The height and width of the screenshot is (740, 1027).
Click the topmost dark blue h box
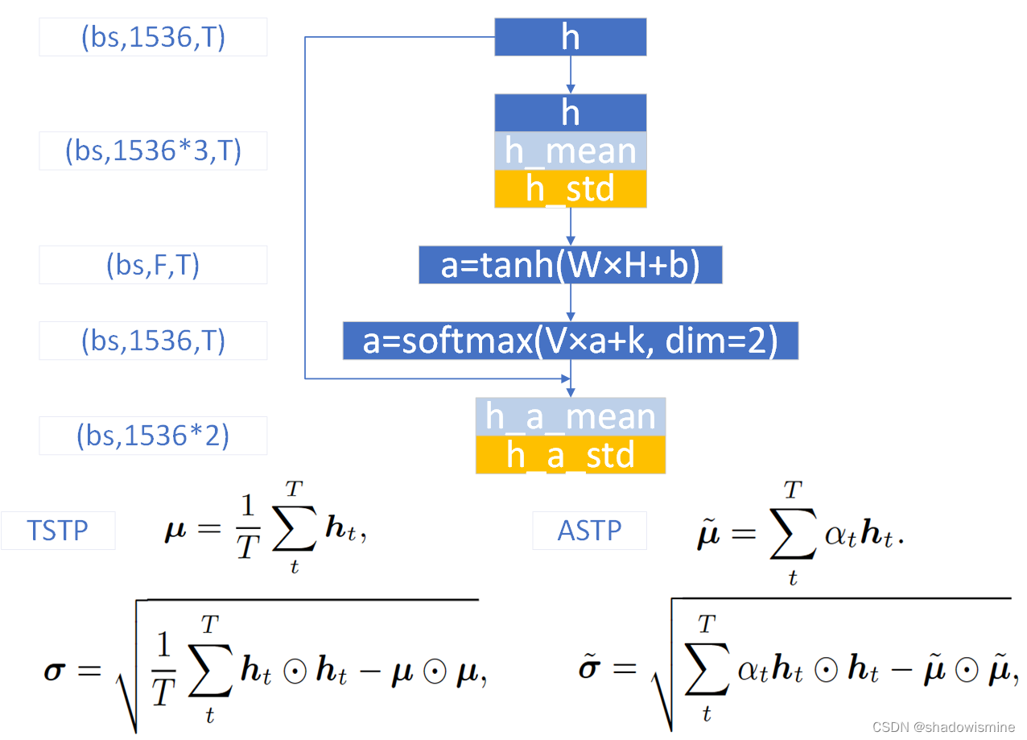coord(570,38)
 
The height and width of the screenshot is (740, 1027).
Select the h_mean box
coord(570,151)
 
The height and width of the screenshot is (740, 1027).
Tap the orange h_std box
coord(570,188)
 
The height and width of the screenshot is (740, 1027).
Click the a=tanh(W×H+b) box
coord(570,266)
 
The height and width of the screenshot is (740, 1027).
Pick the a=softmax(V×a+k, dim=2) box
coord(570,341)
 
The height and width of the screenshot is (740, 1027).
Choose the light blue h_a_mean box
coord(570,416)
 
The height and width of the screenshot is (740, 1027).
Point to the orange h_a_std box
coord(570,455)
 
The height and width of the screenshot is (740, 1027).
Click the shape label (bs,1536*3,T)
coord(153,151)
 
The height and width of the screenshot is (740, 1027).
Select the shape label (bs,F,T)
coord(153,265)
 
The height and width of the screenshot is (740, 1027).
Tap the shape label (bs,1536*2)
coord(153,436)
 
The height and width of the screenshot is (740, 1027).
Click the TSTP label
coord(58,531)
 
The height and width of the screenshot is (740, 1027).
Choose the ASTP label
coord(589,531)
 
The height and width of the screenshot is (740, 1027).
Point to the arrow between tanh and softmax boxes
coord(571,303)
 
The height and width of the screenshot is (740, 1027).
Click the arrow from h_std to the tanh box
coord(571,227)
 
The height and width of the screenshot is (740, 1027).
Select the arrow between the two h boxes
coord(571,75)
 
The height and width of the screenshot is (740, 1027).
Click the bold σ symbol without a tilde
coord(54,670)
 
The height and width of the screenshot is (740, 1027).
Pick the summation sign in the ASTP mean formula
coord(794,535)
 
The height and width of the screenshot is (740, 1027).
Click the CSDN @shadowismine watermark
coord(942,726)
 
